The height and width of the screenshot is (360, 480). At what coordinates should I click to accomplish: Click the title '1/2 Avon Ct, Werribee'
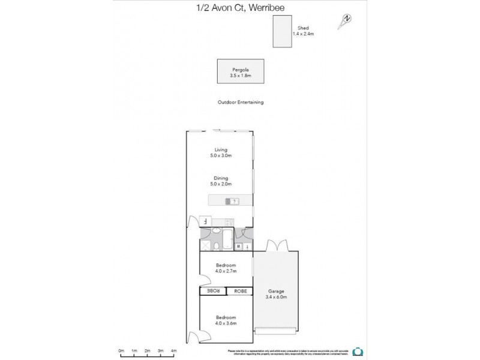240,7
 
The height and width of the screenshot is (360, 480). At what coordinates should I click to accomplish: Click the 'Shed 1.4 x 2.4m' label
303,31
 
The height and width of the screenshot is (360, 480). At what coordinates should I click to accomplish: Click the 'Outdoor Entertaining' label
240,103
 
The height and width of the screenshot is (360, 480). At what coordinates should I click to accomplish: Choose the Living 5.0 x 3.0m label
221,152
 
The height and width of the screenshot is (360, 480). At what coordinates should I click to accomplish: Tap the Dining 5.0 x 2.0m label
221,180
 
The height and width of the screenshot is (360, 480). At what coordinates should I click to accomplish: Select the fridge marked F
205,221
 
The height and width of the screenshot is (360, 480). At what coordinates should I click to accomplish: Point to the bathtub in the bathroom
229,239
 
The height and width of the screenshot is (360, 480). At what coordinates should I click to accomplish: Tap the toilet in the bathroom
215,246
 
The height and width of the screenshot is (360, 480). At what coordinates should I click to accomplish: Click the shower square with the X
206,245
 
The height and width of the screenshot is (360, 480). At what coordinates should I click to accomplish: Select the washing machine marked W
238,247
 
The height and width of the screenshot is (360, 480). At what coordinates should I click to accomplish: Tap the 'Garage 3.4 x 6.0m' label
275,294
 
